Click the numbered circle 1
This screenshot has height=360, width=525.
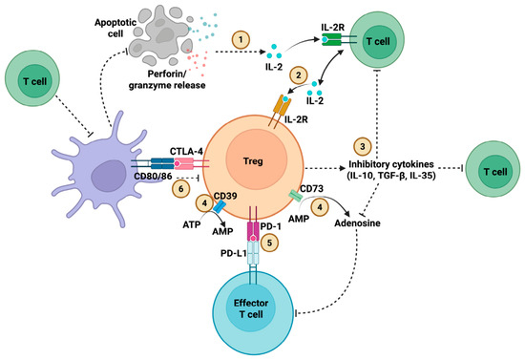pyautogui.click(x=241, y=40)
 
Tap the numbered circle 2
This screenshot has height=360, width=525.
pyautogui.click(x=299, y=75)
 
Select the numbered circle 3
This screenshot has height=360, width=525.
pyautogui.click(x=363, y=146)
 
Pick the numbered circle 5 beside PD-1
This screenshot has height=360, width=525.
pyautogui.click(x=269, y=243)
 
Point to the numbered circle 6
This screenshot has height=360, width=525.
pyautogui.click(x=181, y=189)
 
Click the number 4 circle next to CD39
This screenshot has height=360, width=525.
pyautogui.click(x=204, y=203)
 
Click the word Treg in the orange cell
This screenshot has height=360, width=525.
pyautogui.click(x=253, y=161)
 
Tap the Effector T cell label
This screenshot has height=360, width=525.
pyautogui.click(x=251, y=308)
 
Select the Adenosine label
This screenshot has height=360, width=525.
pyautogui.click(x=358, y=223)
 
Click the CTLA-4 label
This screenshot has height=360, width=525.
pyautogui.click(x=186, y=152)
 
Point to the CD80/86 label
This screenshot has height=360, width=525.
pyautogui.click(x=153, y=175)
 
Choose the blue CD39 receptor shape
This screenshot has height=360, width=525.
pyautogui.click(x=220, y=206)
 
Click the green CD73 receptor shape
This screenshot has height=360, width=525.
pyautogui.click(x=296, y=196)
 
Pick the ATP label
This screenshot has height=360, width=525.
pyautogui.click(x=192, y=224)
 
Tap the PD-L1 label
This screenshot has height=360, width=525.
pyautogui.click(x=234, y=253)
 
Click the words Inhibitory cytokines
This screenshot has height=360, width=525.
pyautogui.click(x=391, y=164)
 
